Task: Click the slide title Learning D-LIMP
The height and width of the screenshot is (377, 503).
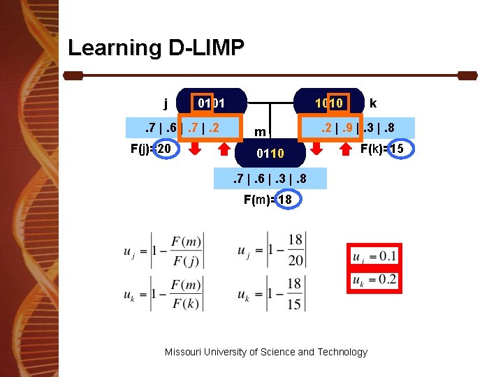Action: [156, 47]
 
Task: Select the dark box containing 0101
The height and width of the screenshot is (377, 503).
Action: [210, 103]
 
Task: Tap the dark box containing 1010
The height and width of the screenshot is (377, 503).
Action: [329, 103]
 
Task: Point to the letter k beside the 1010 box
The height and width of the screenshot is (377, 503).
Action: [373, 103]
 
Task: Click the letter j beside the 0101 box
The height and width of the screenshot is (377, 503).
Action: [166, 104]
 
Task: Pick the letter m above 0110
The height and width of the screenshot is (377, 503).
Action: [259, 131]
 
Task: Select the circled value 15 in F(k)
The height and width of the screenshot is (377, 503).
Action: [397, 149]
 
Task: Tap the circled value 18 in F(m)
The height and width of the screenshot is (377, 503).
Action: [285, 200]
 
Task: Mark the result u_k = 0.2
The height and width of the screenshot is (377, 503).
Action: [375, 280]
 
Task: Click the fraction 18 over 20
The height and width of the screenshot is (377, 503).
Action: [296, 249]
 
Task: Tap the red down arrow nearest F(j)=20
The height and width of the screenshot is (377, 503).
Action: [196, 148]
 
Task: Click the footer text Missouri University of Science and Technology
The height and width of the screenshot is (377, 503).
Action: [265, 352]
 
